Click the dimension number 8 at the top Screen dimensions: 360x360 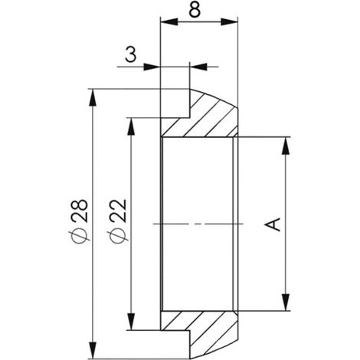pos(195,11)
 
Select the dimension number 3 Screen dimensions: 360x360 pos(131,54)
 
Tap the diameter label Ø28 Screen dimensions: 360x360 pos(80,221)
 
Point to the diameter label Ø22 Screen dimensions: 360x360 pos(117,221)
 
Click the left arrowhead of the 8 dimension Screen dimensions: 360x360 pos(169,21)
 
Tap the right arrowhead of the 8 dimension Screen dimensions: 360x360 pos(229,21)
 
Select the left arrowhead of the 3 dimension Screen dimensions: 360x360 pos(152,67)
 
